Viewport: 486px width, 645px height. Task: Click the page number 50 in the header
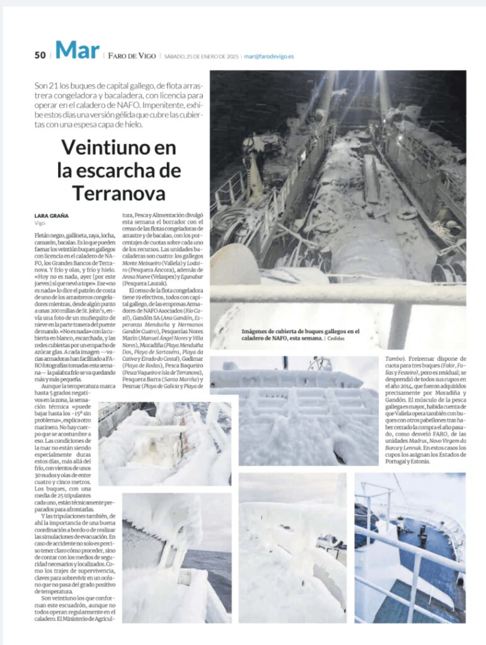point(40,55)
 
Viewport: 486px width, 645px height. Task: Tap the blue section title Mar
point(76,50)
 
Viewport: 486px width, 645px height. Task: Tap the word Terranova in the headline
point(118,192)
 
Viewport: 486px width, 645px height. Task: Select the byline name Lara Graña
point(51,216)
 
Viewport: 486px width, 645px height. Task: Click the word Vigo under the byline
point(40,223)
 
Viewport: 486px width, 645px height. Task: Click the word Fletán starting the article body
point(43,234)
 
